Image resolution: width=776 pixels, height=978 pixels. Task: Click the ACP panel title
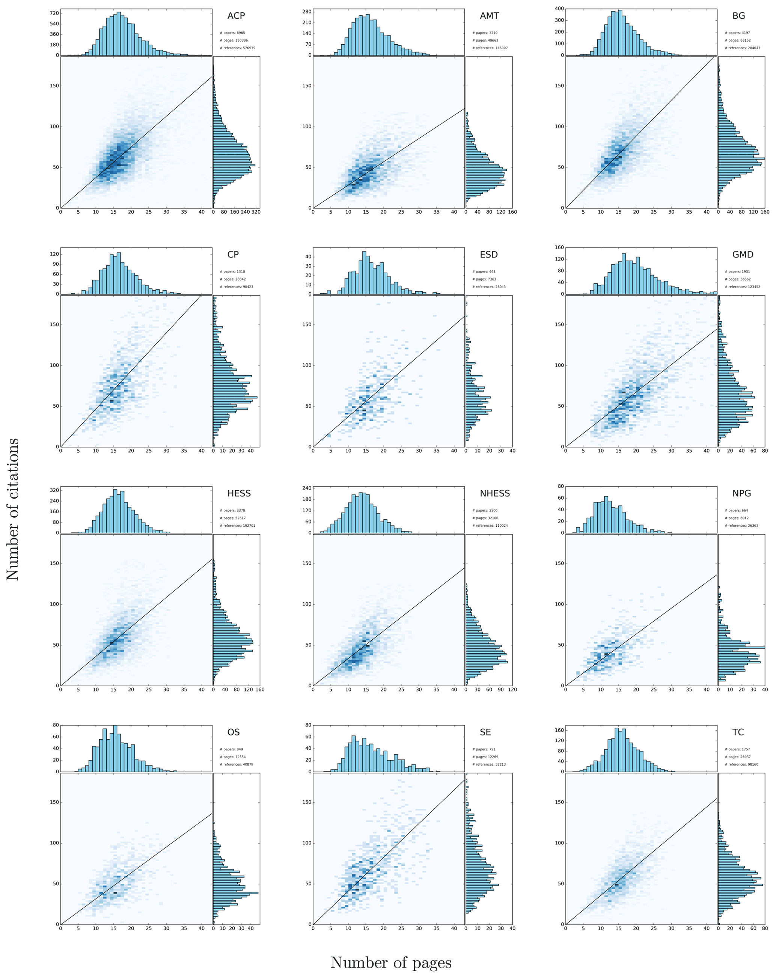pyautogui.click(x=236, y=16)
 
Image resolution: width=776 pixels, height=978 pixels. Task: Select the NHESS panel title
pyautogui.click(x=494, y=494)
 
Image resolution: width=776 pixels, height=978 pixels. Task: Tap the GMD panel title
pyautogui.click(x=743, y=255)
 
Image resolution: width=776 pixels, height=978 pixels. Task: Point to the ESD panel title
pyautogui.click(x=488, y=255)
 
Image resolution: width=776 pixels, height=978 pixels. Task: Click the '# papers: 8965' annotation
pyautogui.click(x=232, y=33)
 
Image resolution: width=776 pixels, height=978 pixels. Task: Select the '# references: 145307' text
pyautogui.click(x=490, y=48)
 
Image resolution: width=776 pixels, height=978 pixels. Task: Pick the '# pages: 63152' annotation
pyautogui.click(x=737, y=41)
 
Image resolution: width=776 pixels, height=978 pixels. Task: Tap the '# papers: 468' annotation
pyautogui.click(x=484, y=272)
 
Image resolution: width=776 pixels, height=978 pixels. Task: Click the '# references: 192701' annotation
pyautogui.click(x=237, y=526)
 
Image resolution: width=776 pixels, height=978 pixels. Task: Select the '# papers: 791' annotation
pyautogui.click(x=484, y=749)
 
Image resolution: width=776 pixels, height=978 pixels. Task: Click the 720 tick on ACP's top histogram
pyautogui.click(x=54, y=14)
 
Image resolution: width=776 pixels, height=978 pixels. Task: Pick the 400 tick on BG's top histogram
pyautogui.click(x=559, y=9)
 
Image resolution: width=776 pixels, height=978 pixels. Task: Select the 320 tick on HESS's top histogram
pyautogui.click(x=54, y=491)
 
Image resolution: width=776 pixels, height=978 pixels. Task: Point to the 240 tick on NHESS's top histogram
pyautogui.click(x=307, y=488)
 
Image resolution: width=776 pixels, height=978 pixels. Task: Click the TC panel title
pyautogui.click(x=738, y=732)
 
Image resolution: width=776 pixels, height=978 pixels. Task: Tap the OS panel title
pyautogui.click(x=233, y=732)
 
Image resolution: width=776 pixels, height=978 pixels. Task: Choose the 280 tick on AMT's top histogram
pyautogui.click(x=307, y=12)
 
